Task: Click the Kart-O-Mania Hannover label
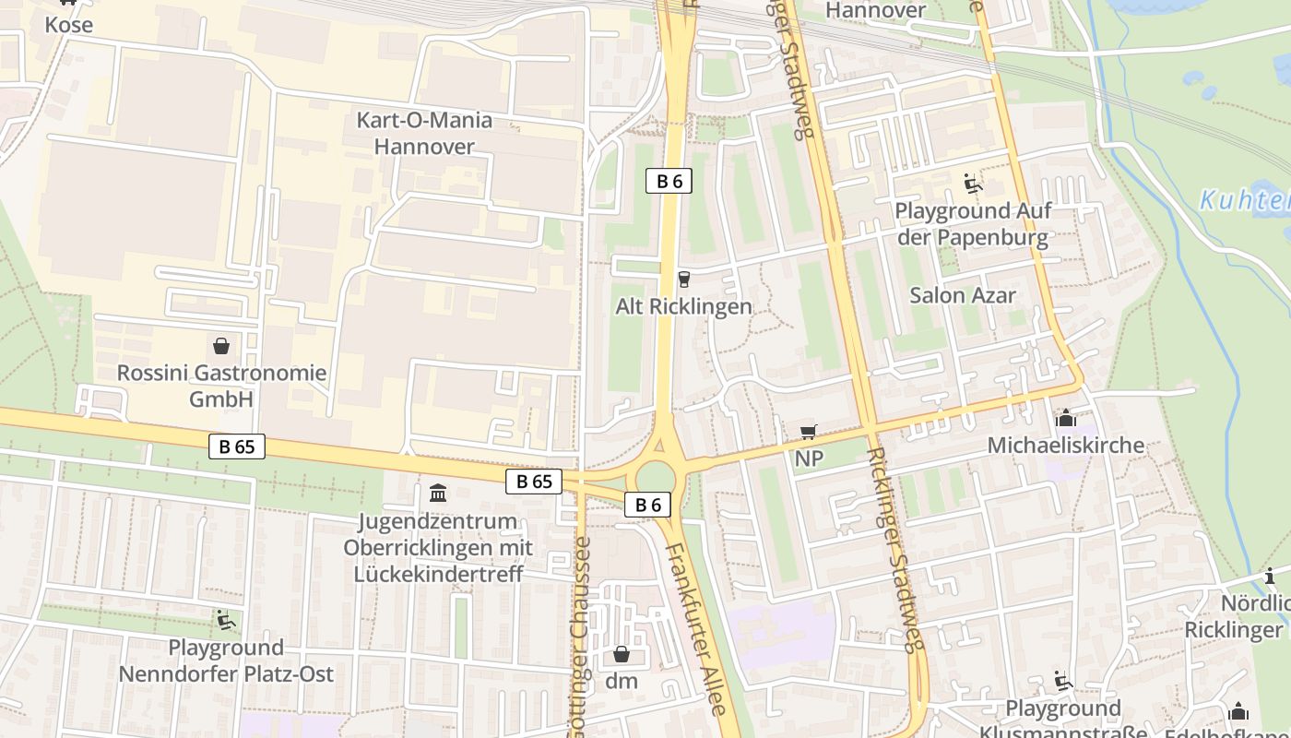424,134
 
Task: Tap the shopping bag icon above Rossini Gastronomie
221,346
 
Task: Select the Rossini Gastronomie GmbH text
221,386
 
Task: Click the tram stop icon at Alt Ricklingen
683,279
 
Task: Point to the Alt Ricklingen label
683,306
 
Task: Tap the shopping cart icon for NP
809,432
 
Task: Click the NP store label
809,458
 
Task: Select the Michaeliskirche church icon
1065,419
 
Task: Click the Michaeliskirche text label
1065,446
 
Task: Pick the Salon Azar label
962,295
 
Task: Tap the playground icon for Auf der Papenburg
973,183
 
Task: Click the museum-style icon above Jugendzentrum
438,493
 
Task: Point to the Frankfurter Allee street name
697,627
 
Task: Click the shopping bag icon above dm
622,655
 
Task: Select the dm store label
622,682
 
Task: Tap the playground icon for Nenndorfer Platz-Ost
225,620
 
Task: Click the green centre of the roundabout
656,478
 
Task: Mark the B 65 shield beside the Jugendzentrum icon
534,481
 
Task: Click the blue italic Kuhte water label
1244,200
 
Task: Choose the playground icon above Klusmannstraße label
1062,681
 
